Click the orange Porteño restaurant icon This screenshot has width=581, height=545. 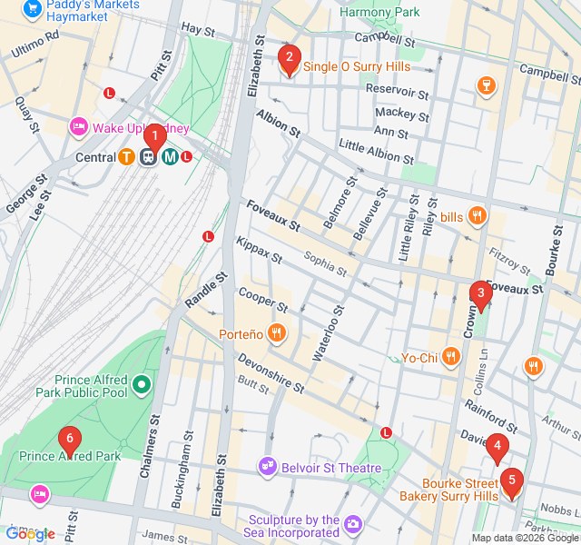tap(278, 334)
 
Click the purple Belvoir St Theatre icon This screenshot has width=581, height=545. tap(268, 465)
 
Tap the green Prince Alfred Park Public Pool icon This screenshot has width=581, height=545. tap(141, 386)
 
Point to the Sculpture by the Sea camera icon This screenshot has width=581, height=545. tap(353, 524)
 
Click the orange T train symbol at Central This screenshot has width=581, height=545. tap(128, 156)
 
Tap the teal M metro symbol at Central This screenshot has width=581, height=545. tap(170, 156)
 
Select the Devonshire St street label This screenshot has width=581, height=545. tap(271, 374)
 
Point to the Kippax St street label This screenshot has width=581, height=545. tap(259, 253)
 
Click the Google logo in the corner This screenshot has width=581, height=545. tap(31, 534)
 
